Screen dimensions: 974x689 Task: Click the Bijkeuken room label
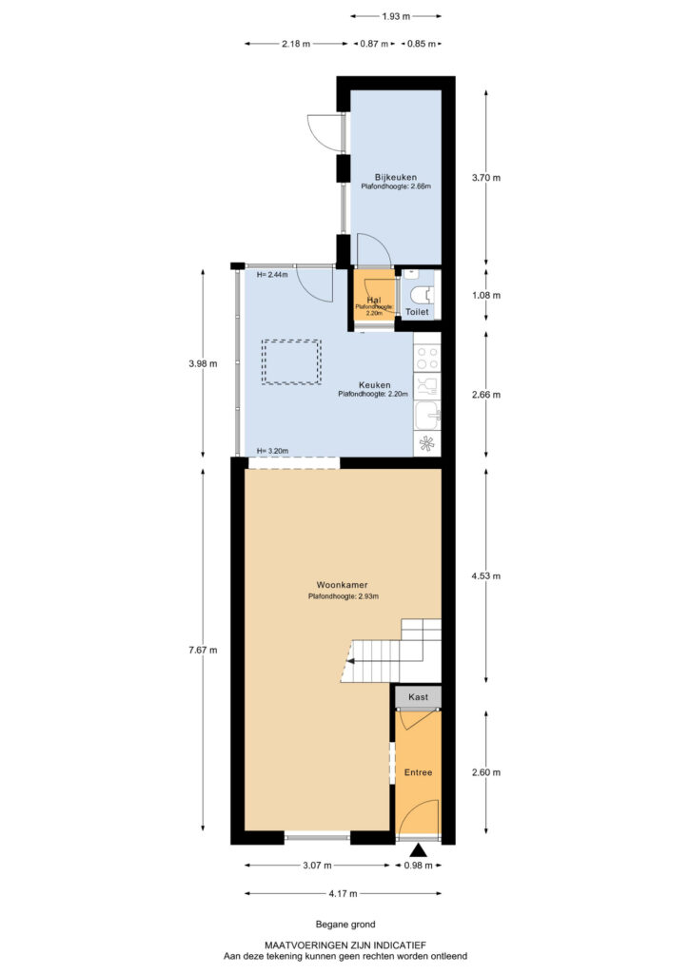[395, 176]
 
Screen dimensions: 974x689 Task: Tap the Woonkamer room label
[344, 584]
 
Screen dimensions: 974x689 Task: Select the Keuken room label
[374, 385]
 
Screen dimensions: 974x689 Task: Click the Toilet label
[418, 312]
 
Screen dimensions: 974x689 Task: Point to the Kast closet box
[418, 697]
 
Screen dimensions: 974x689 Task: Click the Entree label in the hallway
[418, 772]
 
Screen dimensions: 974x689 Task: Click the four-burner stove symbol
[427, 359]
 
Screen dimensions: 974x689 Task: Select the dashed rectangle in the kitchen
[291, 362]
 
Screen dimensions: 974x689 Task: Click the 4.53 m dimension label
[485, 575]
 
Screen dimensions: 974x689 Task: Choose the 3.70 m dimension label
[485, 177]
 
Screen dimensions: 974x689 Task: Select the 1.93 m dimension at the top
[395, 16]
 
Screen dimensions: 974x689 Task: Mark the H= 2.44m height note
[271, 275]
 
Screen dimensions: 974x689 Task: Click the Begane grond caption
[344, 925]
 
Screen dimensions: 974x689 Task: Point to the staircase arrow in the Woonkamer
[352, 660]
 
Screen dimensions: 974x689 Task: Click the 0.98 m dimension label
[418, 866]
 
